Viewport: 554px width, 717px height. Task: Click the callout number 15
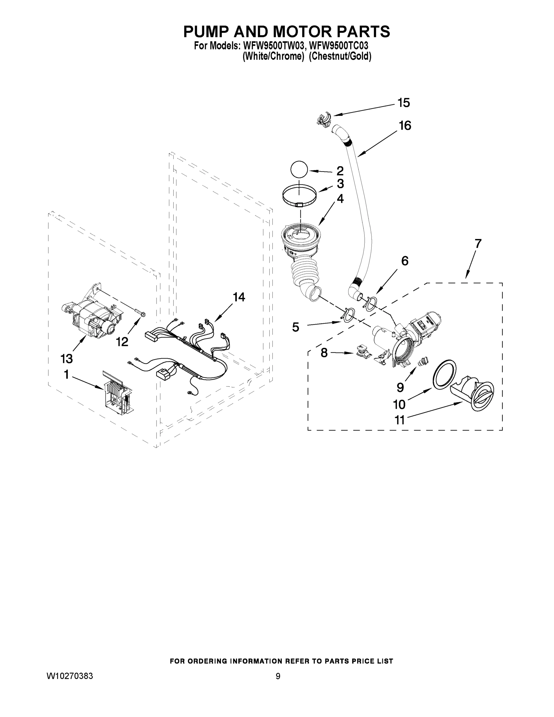coord(404,103)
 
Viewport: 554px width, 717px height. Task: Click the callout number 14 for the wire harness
coord(239,298)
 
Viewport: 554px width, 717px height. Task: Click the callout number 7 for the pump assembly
coord(478,244)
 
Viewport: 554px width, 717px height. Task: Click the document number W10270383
coord(70,676)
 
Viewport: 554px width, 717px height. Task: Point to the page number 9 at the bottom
coord(278,676)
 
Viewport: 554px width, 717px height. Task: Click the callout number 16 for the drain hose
coord(405,126)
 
